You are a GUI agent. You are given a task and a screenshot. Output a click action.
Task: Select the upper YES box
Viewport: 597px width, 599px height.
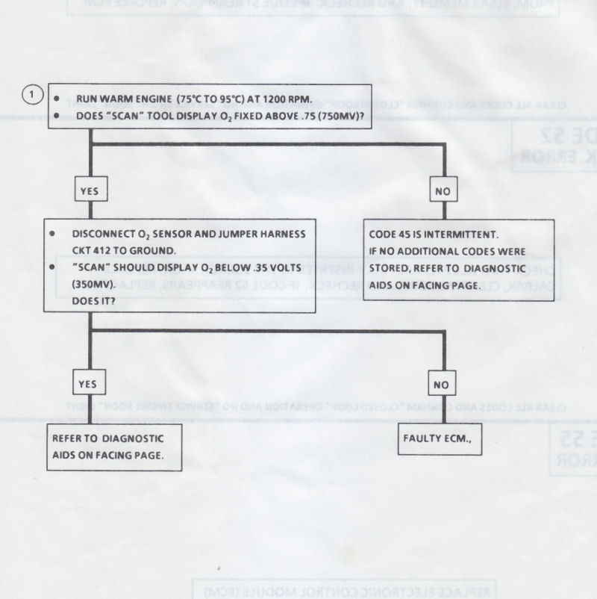click(x=89, y=190)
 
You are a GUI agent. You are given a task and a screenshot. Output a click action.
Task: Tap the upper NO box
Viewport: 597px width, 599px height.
click(x=443, y=191)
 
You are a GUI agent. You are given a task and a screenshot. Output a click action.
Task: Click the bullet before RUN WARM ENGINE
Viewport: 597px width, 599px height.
click(x=58, y=99)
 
